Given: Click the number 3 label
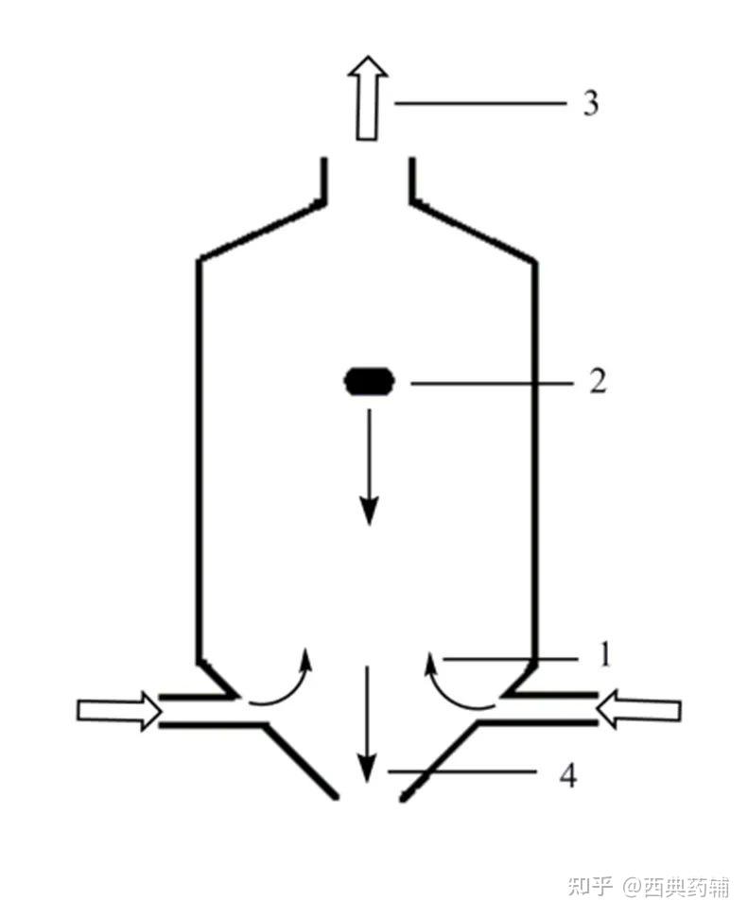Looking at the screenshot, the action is [x=590, y=102].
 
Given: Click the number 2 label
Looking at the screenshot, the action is [x=597, y=382].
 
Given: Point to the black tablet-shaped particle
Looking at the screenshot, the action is [x=370, y=382].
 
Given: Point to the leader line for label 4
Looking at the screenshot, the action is [x=463, y=773].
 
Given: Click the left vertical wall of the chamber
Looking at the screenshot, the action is [x=199, y=454].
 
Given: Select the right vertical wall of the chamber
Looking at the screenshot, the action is [x=536, y=454].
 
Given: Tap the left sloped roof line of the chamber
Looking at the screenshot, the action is [x=260, y=229].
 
